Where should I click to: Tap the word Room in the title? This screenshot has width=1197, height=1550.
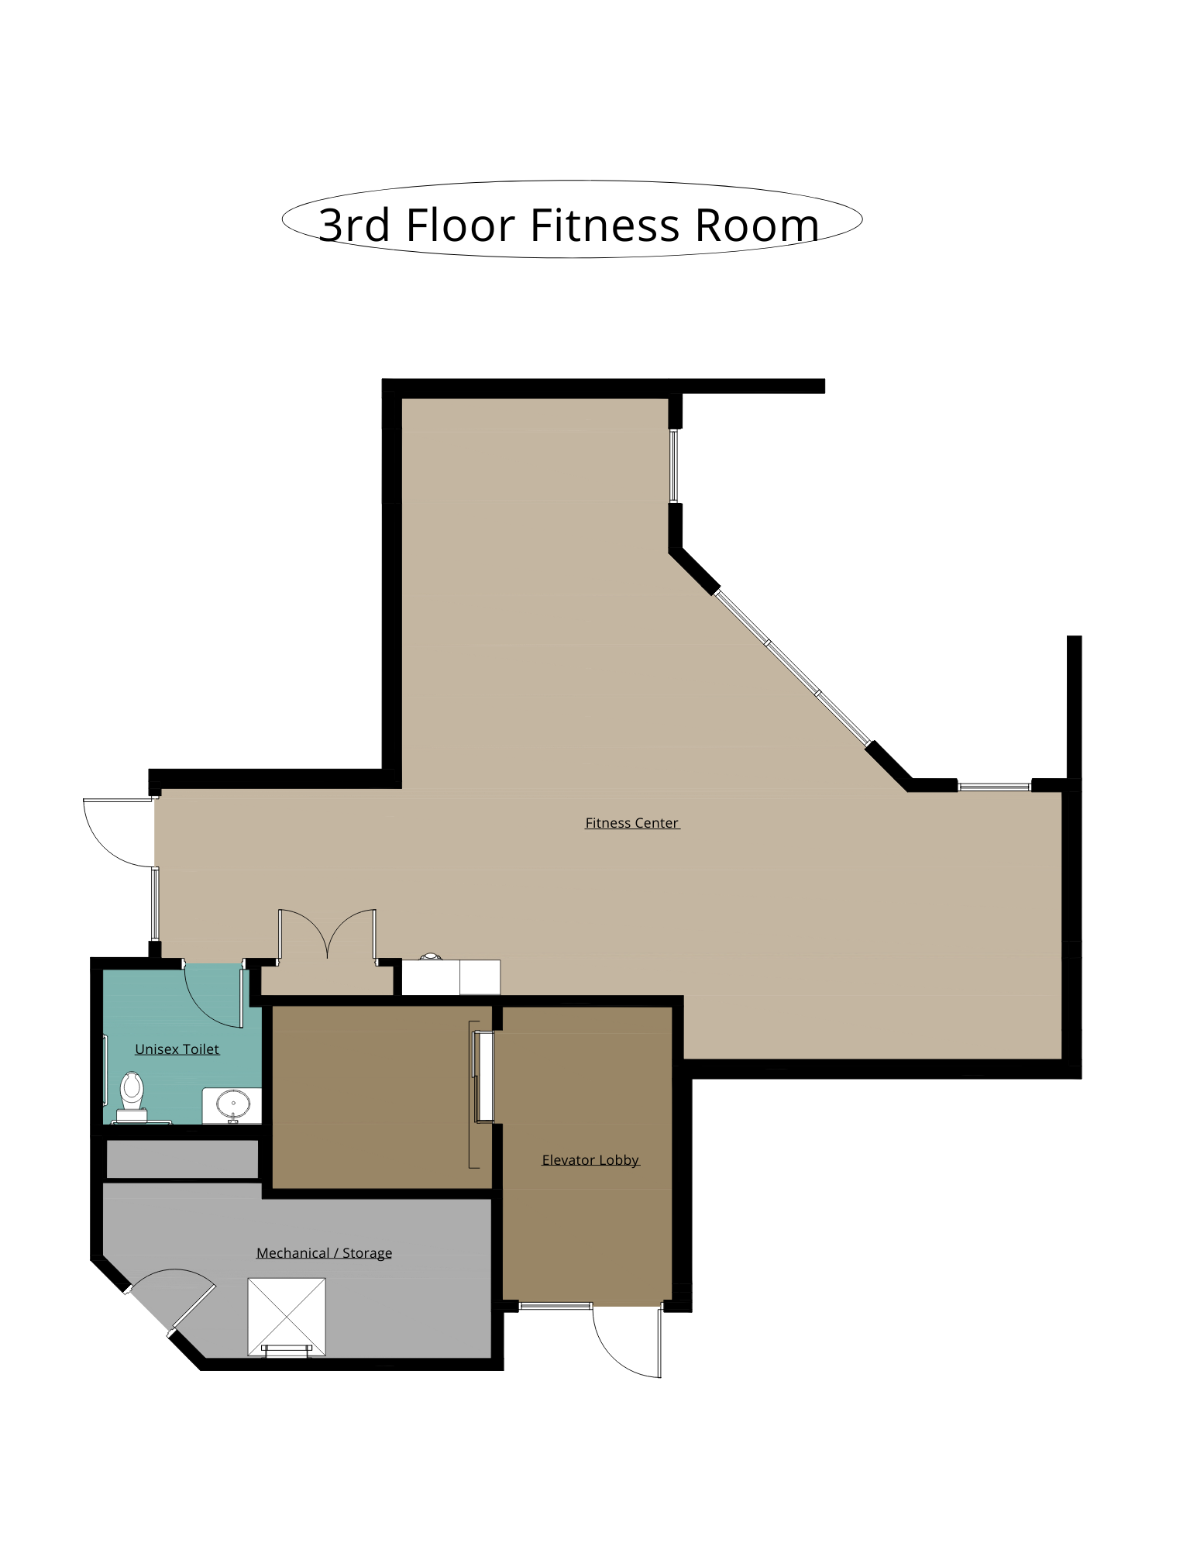coord(756,225)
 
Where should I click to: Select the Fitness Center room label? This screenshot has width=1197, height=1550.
coord(632,823)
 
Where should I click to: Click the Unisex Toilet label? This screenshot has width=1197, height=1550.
coord(177,1049)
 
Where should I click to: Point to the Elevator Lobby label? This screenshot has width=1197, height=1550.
coord(590,1160)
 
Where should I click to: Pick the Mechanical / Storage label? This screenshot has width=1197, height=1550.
coord(324,1253)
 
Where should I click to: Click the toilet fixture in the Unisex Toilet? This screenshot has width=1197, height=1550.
coord(132,1096)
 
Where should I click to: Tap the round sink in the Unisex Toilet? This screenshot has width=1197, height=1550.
coord(232,1103)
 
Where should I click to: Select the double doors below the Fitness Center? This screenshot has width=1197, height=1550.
coord(328,935)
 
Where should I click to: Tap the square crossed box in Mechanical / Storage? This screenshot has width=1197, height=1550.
coord(287,1317)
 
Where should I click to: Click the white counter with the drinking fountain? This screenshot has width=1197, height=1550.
coord(451,976)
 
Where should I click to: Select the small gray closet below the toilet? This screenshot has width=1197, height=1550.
coord(181,1159)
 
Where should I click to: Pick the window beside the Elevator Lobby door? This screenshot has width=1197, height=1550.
coord(555,1306)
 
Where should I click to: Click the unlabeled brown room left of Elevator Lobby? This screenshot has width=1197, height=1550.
coord(382,1097)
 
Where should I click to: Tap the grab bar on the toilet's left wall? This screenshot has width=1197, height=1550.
coord(106,1069)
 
